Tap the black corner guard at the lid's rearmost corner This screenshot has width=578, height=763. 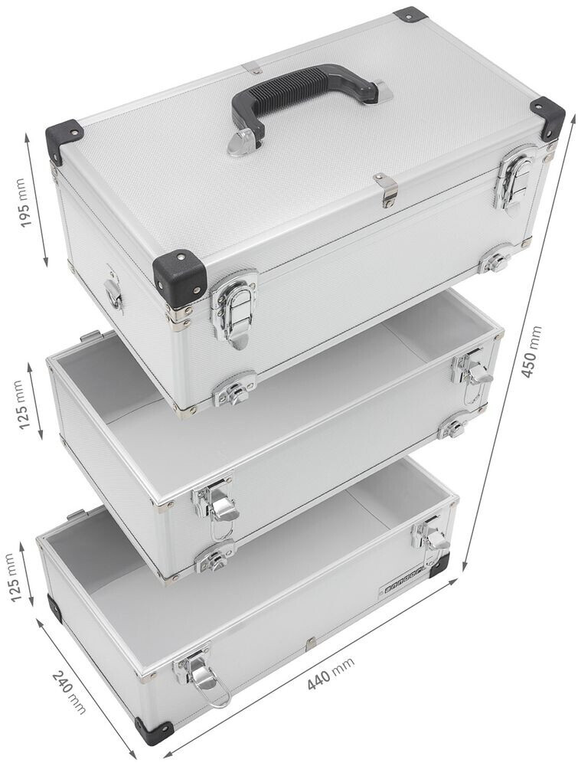410,15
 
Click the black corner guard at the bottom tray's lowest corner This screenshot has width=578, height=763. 153,732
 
